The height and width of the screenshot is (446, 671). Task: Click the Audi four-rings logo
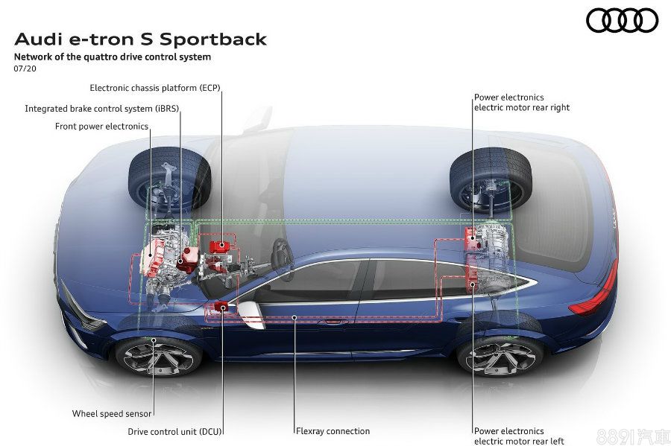tap(622, 20)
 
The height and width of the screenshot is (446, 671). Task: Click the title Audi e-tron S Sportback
tap(140, 39)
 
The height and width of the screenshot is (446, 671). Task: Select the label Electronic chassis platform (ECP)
tap(154, 87)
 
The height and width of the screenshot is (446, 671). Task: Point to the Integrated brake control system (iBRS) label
tap(101, 108)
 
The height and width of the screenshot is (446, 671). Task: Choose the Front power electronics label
tap(101, 126)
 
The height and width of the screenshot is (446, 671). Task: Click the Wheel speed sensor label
tap(112, 413)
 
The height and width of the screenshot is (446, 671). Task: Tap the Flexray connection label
tap(333, 430)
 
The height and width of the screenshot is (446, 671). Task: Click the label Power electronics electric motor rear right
tap(521, 102)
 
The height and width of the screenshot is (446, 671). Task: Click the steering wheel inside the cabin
tap(282, 254)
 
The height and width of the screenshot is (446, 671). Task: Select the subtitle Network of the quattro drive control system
tap(112, 57)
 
